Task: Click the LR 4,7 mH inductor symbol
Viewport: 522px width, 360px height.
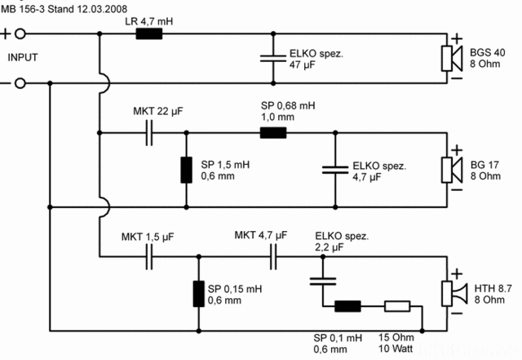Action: pyautogui.click(x=148, y=34)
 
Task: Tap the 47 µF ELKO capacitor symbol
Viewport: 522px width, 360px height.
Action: pyautogui.click(x=272, y=59)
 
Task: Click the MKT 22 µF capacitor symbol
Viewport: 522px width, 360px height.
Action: pyautogui.click(x=150, y=132)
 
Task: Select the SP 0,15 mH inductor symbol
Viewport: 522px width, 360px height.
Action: pyautogui.click(x=197, y=294)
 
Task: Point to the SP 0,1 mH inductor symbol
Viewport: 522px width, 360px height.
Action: pyautogui.click(x=348, y=307)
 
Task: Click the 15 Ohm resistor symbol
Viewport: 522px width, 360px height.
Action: pyautogui.click(x=397, y=307)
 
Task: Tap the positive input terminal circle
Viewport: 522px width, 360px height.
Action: pyautogui.click(x=21, y=34)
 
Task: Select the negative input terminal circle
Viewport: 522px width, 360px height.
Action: pyautogui.click(x=21, y=83)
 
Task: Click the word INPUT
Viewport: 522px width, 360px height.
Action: pyautogui.click(x=24, y=58)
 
